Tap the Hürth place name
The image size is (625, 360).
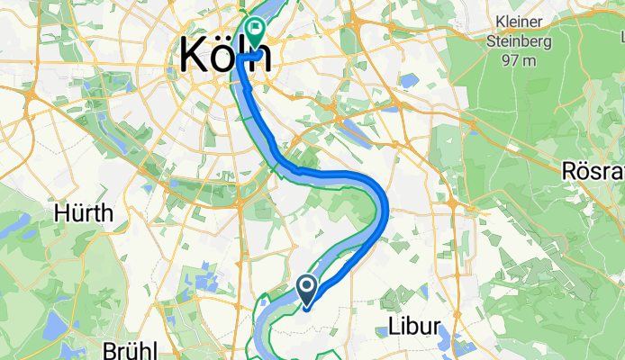[84, 213]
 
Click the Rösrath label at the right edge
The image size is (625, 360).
[593, 171]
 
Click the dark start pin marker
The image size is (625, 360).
[306, 288]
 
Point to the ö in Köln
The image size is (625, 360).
[222, 56]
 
